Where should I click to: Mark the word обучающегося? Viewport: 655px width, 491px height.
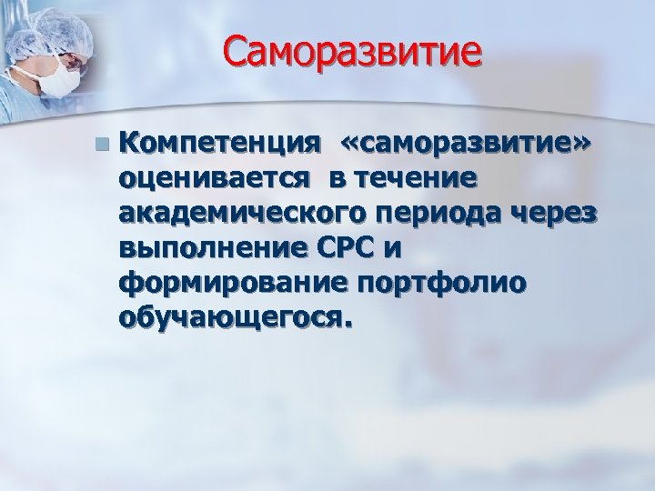[233, 320]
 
